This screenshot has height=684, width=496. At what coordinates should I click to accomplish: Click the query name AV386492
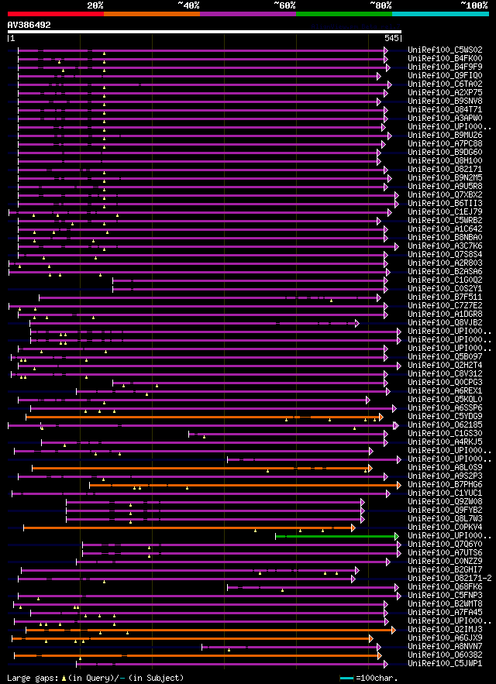click(29, 25)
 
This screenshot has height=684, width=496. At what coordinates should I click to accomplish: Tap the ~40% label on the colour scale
click(188, 5)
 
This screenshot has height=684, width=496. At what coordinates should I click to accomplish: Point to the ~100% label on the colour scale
click(474, 5)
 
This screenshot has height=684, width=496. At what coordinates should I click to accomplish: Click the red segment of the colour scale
click(55, 13)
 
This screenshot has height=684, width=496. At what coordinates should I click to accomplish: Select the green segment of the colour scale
click(343, 13)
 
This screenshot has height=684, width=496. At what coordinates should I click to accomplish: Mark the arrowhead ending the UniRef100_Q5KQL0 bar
click(367, 400)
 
